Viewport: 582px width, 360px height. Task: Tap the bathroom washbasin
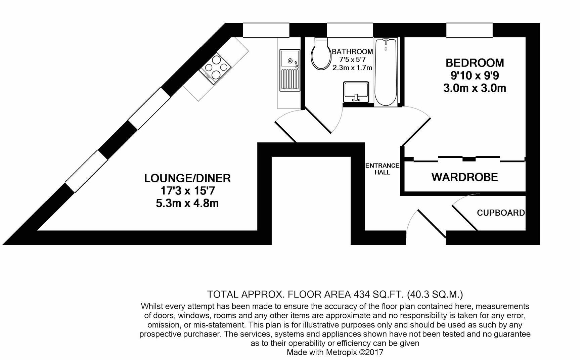pos(356,92)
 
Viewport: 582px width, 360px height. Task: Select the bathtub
pos(386,72)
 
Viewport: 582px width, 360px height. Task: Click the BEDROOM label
pos(475,63)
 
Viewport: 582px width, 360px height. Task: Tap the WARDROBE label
pos(464,177)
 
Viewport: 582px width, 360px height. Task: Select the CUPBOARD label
pos(500,213)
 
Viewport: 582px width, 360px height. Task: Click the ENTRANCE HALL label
pos(382,169)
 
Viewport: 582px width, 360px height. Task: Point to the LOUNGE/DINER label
pos(187,178)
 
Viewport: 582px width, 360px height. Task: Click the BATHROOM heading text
pos(352,52)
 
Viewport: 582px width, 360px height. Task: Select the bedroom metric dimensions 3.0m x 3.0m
pos(475,88)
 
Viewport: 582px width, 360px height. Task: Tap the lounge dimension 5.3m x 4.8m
pos(187,203)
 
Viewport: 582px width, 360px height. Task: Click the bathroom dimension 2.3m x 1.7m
pos(352,68)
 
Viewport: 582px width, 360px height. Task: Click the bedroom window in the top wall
pos(469,30)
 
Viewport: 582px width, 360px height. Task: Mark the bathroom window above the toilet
pos(350,30)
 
